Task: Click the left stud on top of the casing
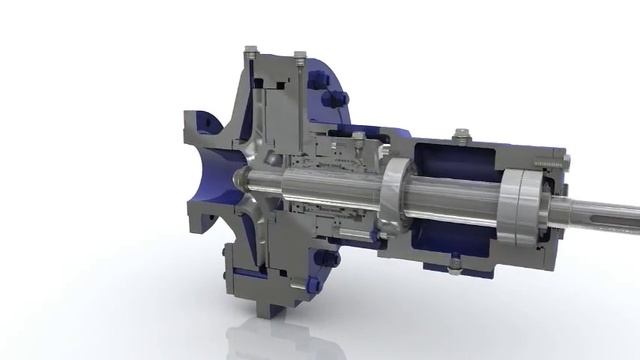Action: [249, 49]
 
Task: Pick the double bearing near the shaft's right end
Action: [521, 205]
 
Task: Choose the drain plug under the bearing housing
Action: [455, 266]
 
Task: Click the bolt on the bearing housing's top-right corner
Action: [565, 160]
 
